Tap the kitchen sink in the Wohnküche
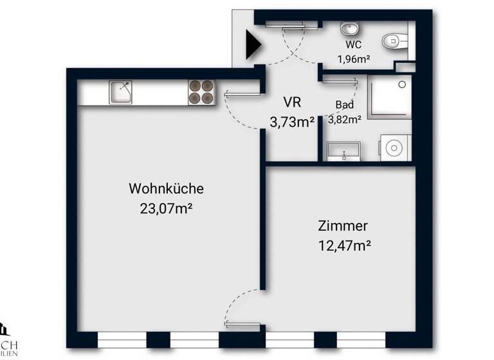(120, 92)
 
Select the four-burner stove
(201, 92)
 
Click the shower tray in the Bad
(388, 96)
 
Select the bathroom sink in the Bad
(343, 152)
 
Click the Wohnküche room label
(167, 189)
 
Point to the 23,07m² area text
(167, 208)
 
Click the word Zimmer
(343, 226)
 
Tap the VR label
(292, 102)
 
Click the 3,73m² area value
(292, 122)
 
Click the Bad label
(344, 105)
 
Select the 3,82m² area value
(345, 118)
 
